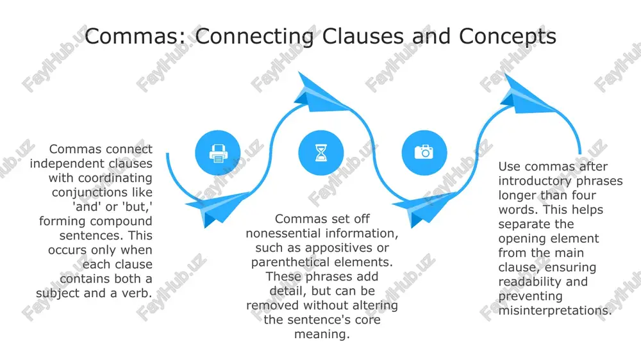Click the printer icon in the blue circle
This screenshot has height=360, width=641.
[218, 154]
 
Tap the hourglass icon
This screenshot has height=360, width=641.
[321, 153]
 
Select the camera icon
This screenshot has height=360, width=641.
[424, 152]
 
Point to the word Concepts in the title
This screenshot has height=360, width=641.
[507, 37]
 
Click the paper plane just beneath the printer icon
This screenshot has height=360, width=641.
[218, 208]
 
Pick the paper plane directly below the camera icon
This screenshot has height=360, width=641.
[424, 208]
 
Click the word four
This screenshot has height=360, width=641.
[583, 195]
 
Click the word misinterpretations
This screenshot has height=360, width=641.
[554, 311]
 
